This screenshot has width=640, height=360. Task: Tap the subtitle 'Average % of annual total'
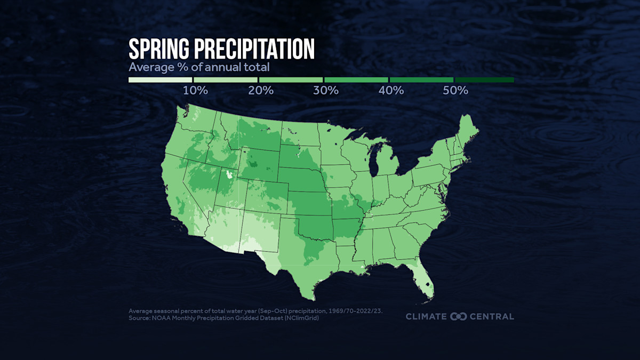198,68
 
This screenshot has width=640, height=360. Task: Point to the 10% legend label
195,90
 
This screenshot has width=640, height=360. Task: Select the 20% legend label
261,90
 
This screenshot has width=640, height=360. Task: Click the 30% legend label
326,90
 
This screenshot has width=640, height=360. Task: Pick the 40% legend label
391,90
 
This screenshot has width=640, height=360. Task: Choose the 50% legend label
455,90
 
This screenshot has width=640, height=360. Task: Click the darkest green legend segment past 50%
484,80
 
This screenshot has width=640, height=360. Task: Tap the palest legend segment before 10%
160,80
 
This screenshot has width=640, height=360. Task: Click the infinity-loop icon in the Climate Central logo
459,316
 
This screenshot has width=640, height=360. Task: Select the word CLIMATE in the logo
426,316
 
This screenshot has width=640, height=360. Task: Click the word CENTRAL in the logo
492,316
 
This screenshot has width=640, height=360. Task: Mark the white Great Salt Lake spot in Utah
230,174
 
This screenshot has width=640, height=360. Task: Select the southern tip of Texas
308,297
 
